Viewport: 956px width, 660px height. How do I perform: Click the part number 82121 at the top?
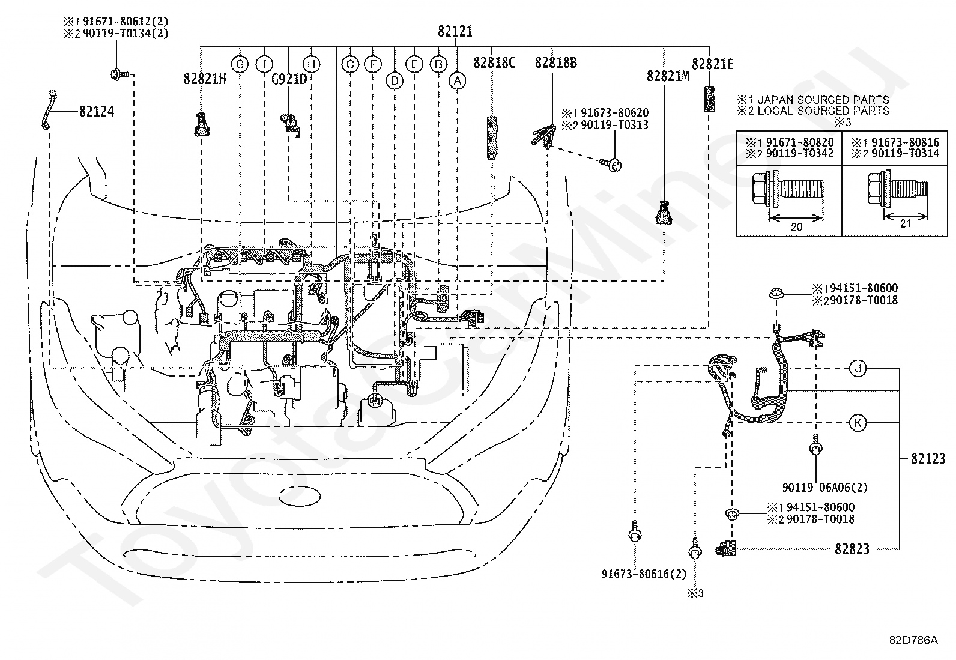point(455,31)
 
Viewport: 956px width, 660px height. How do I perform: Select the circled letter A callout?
point(458,80)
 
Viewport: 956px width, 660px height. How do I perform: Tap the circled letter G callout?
point(240,64)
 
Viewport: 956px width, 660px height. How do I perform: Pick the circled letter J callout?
point(858,368)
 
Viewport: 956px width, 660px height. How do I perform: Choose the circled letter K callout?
point(858,423)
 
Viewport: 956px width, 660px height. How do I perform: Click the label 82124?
point(96,111)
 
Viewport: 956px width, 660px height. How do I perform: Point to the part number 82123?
point(928,459)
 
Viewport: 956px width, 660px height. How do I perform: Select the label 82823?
point(852,548)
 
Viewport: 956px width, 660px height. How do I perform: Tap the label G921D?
point(289,79)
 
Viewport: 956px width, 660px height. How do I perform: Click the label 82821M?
point(668,76)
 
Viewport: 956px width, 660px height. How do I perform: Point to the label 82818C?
point(494,62)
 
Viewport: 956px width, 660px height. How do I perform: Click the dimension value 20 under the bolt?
point(796,226)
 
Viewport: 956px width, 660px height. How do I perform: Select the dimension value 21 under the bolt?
point(906,223)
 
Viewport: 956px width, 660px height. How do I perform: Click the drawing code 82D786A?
point(913,640)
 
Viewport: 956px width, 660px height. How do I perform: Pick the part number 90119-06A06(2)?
point(824,488)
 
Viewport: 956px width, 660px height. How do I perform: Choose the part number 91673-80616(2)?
point(644,574)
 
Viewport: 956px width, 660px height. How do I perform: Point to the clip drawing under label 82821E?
point(709,98)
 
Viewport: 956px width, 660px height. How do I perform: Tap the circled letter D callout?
point(394,80)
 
